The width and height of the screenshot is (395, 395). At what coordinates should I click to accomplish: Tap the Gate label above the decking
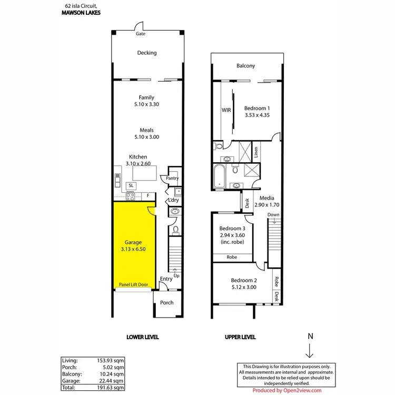coord(141,34)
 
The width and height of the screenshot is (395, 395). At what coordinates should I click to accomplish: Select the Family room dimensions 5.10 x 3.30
coord(146,105)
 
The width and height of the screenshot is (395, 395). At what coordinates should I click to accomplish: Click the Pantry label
coord(172,179)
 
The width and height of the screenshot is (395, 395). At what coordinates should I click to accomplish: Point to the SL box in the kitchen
coord(131,186)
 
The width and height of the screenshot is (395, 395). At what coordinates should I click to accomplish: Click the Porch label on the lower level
coord(167,302)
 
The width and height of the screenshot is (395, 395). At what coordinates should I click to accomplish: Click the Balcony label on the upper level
coord(245,66)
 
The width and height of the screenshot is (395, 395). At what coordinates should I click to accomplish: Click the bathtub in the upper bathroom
coord(219,175)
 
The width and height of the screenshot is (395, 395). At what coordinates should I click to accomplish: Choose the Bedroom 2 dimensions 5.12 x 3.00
coord(243,288)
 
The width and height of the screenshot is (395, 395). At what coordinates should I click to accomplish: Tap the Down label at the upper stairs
coord(273,215)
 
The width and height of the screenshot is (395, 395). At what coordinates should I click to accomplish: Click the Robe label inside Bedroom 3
coord(231,258)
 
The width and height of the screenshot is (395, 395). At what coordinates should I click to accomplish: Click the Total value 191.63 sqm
coord(112,387)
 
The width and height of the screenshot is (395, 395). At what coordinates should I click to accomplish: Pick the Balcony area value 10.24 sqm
coord(112,373)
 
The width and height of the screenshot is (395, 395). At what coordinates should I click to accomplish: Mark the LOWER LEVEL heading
coord(143,337)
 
